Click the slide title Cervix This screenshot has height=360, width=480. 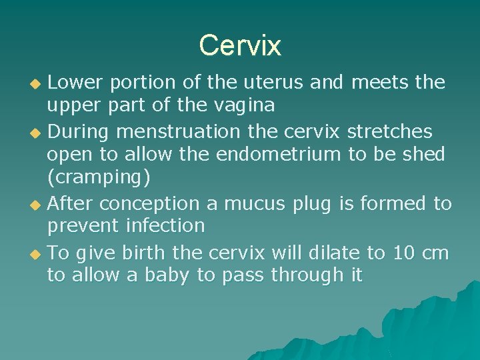click(x=240, y=45)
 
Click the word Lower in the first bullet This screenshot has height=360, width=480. click(x=75, y=83)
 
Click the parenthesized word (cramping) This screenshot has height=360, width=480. click(x=99, y=178)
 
